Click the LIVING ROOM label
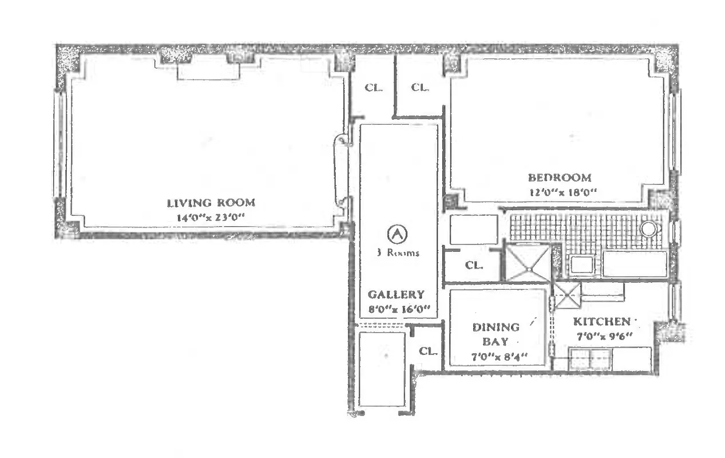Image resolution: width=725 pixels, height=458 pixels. tap(211, 203)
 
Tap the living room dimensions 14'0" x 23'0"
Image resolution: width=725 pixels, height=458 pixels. tap(211, 217)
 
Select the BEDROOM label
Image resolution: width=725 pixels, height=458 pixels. tap(559, 177)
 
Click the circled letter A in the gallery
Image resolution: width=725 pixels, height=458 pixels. tap(396, 234)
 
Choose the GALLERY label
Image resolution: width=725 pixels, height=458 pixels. tap(396, 295)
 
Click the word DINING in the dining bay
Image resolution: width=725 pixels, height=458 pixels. tap(496, 327)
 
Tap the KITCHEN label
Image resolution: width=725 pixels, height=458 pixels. tap(602, 322)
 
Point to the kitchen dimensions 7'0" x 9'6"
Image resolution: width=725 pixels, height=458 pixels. tap(602, 336)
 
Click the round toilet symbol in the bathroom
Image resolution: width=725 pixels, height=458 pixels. tap(648, 230)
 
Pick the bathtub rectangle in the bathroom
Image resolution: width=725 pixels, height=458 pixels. tap(635, 264)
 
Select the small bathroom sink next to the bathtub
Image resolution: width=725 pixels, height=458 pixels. tap(582, 264)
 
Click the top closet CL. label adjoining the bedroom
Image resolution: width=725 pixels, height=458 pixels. tap(421, 88)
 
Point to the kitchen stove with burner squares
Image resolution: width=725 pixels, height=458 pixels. tap(590, 359)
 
